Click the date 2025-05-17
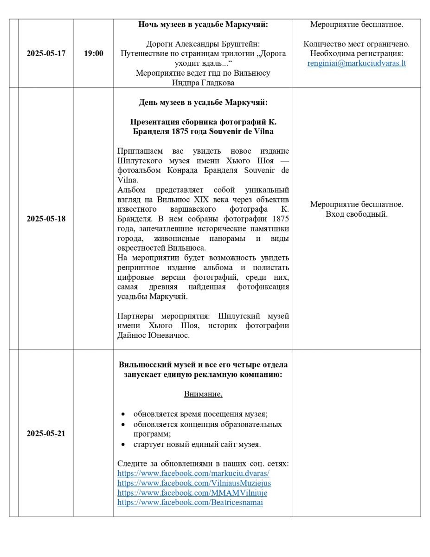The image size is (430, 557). click(46, 53)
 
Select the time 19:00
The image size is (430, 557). click(94, 53)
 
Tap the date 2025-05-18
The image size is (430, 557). click(46, 219)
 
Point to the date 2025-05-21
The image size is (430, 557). click(46, 434)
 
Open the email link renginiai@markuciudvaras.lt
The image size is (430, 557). click(357, 64)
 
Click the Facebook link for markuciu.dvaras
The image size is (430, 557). click(193, 473)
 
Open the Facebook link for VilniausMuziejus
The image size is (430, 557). click(194, 483)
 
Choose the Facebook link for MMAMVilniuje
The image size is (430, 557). click(192, 493)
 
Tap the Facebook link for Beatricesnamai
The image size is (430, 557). click(190, 503)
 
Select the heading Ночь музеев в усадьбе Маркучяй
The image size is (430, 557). click(203, 24)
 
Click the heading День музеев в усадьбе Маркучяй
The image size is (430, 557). click(203, 102)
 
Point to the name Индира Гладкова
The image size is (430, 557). click(203, 83)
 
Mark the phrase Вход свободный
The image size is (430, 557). click(357, 214)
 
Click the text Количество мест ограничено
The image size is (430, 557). click(357, 44)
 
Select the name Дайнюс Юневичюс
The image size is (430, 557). click(153, 336)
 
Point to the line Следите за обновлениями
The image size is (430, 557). click(203, 464)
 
